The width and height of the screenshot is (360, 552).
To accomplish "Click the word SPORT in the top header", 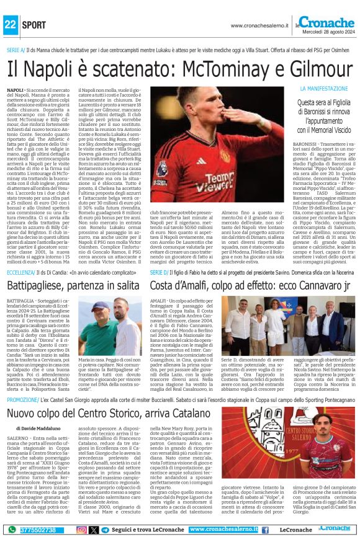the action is pos(34,25).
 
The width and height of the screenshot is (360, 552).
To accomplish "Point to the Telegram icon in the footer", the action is pos(105,530).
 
